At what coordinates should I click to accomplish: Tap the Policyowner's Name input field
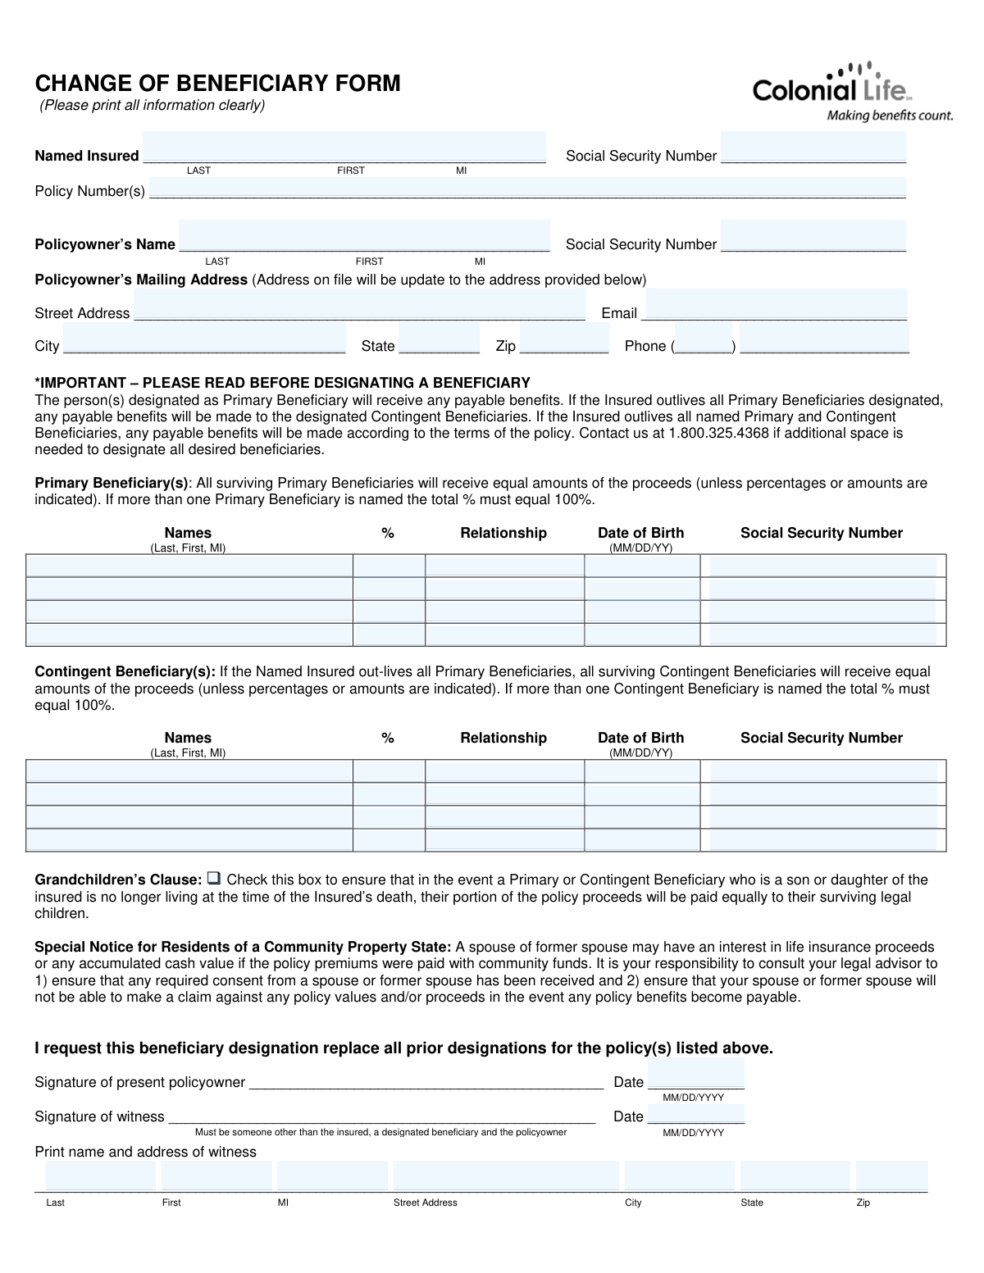pos(364,237)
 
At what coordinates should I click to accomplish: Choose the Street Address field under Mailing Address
pos(359,306)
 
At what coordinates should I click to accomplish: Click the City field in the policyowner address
pos(204,339)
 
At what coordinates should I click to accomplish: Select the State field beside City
pos(439,339)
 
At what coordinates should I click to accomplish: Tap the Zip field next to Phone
pos(564,339)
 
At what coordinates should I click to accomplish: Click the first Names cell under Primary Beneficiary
pos(189,566)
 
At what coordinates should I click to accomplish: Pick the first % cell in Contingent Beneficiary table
pos(389,771)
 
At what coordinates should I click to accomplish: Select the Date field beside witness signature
pos(695,1113)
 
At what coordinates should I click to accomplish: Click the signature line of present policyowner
pos(426,1082)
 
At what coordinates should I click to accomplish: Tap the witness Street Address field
pos(506,1175)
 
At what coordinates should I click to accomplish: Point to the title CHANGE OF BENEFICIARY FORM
pos(217,84)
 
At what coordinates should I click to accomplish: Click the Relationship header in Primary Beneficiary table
pos(503,533)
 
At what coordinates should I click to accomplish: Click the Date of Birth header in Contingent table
pos(640,738)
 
